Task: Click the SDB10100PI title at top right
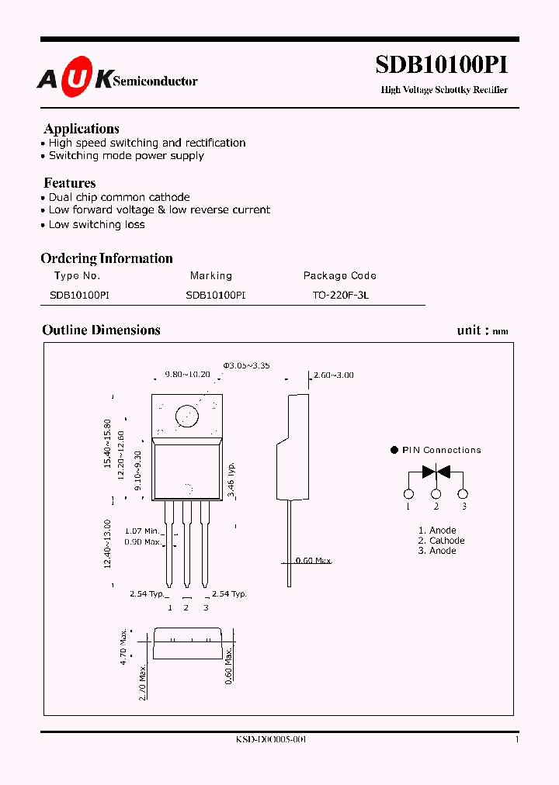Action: pos(442,64)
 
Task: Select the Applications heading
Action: pos(82,129)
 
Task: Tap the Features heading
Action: pos(70,183)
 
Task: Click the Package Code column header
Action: pos(339,275)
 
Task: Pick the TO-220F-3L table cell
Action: pos(340,296)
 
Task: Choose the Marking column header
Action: pos(211,275)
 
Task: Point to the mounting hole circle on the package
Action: pos(187,416)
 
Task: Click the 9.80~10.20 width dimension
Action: pos(187,374)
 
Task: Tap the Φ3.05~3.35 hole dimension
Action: pos(246,365)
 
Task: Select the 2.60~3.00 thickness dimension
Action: pos(333,375)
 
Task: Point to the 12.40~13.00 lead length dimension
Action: pos(107,545)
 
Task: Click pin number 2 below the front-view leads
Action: pos(186,607)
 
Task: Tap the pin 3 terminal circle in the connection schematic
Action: pos(464,494)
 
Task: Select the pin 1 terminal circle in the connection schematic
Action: pos(408,494)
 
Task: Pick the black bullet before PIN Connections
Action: pos(394,450)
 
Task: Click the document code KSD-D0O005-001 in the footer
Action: pos(271,740)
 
